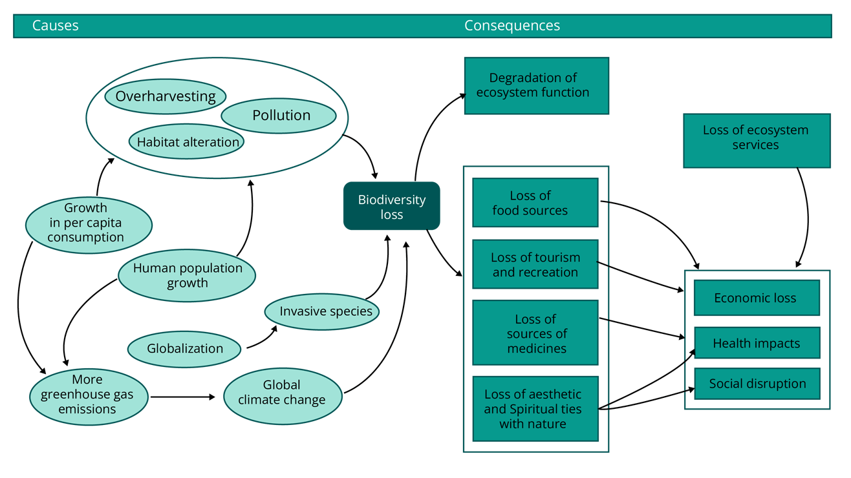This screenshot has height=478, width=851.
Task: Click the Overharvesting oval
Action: [166, 97]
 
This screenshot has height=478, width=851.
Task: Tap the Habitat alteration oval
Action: [187, 142]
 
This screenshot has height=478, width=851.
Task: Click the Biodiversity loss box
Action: [391, 207]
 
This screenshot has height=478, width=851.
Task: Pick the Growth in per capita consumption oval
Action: [89, 223]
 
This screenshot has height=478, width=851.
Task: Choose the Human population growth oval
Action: [187, 276]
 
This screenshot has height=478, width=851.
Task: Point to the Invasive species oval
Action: [322, 311]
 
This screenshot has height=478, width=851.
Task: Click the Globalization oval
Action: [184, 349]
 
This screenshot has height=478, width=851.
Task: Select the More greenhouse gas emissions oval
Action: [89, 394]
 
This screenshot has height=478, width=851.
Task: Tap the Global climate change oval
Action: [282, 393]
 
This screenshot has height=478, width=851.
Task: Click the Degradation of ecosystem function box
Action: [536, 85]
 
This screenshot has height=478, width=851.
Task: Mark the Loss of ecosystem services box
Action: [756, 138]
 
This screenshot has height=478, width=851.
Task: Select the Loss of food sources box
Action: [535, 203]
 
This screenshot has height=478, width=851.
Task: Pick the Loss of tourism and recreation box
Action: [535, 264]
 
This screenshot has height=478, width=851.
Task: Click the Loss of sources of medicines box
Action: [535, 333]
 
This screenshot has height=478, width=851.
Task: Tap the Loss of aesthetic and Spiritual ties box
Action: [535, 408]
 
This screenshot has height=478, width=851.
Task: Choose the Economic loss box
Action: [755, 298]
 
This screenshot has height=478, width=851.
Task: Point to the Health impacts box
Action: [755, 343]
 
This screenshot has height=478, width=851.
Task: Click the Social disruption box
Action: [757, 384]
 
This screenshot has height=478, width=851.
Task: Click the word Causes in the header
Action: [56, 26]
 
